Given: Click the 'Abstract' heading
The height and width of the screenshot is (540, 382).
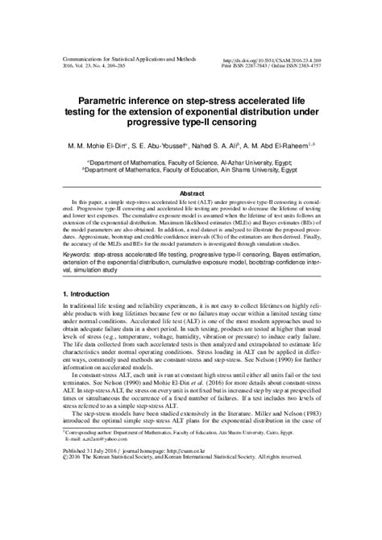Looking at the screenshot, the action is point(191,193).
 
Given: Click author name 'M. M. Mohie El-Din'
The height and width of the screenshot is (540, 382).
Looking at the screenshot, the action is point(103,146).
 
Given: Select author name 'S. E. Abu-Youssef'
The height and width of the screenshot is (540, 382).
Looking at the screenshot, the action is point(169,146).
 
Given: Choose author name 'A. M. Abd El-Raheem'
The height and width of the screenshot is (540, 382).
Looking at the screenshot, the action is point(292,146).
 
